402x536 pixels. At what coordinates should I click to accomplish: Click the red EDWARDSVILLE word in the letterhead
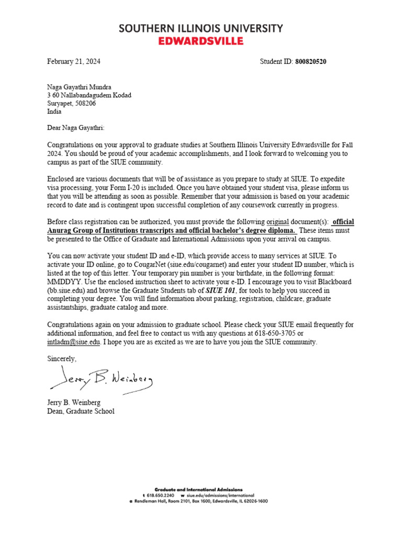point(201,40)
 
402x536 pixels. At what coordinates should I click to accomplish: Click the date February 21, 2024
point(73,62)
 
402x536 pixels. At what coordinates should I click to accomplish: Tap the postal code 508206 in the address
point(87,104)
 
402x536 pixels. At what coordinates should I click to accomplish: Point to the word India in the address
point(54,111)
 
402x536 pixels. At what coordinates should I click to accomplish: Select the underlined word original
point(278,221)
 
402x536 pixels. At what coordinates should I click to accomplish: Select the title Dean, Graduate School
point(81,411)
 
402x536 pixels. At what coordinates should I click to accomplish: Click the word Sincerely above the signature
point(62,359)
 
